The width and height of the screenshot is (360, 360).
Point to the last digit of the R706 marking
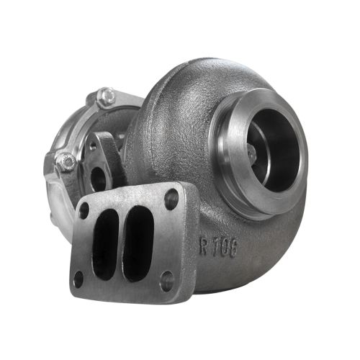click(235, 248)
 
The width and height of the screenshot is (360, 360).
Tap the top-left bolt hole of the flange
click(84, 211)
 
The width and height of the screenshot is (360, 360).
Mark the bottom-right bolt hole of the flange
click(166, 281)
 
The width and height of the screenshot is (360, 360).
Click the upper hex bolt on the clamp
click(107, 96)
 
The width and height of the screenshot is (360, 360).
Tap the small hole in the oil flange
click(93, 147)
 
